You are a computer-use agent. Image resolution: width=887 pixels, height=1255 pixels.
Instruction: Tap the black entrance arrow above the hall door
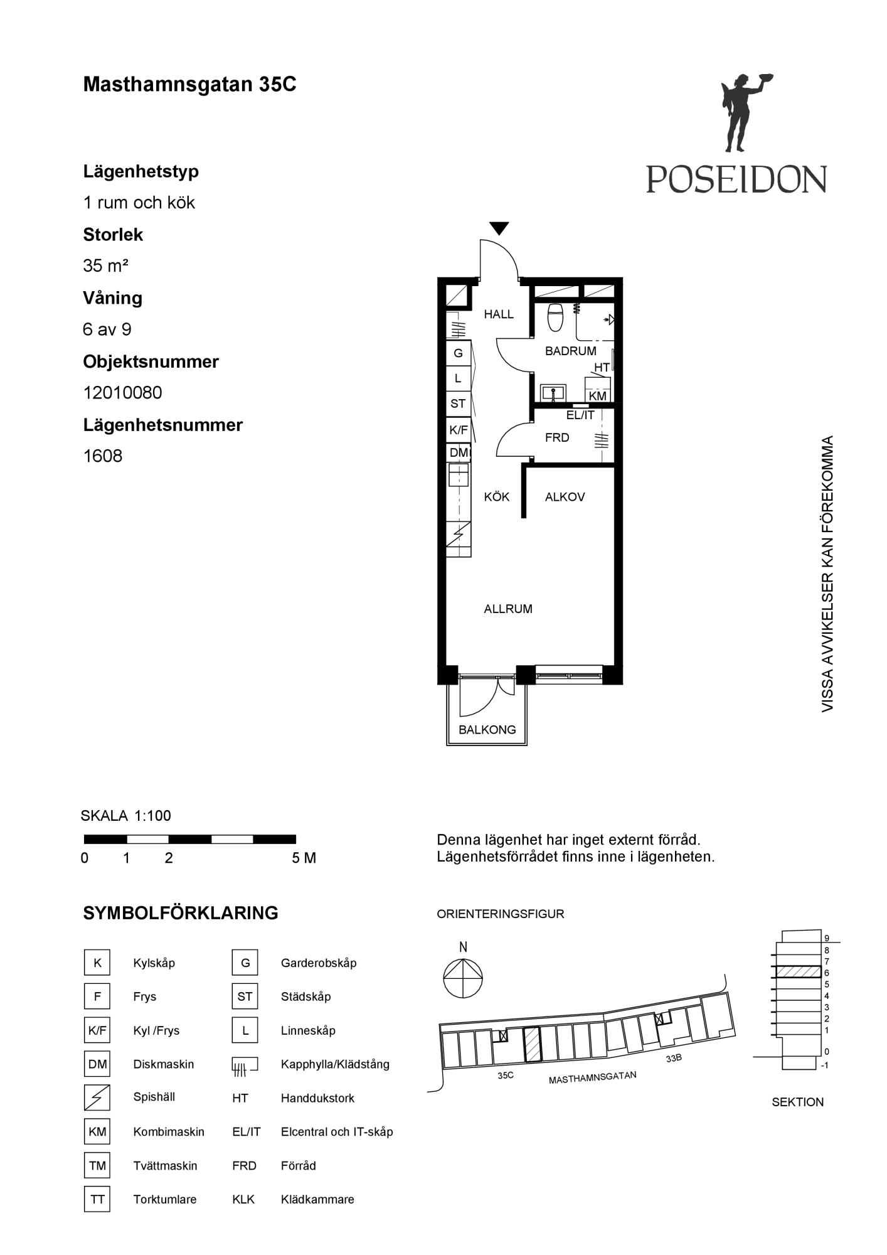(499, 228)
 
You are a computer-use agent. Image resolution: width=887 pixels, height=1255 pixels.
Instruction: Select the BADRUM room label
(570, 351)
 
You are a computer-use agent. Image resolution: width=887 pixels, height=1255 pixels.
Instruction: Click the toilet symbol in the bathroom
(555, 318)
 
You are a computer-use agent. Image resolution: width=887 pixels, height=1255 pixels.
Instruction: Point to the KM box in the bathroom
(597, 396)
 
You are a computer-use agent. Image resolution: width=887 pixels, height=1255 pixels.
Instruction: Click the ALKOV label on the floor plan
(565, 497)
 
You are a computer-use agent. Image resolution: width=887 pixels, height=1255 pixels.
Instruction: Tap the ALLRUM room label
(508, 609)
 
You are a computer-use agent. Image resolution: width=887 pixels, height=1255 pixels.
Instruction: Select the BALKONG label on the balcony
(487, 730)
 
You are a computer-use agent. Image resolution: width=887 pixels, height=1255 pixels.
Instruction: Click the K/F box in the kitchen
(458, 430)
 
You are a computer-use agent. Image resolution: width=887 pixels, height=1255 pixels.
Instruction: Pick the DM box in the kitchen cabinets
(458, 452)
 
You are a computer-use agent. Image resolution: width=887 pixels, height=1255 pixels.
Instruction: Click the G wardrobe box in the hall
(458, 353)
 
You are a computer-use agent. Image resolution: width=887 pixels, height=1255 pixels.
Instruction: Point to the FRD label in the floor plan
(557, 437)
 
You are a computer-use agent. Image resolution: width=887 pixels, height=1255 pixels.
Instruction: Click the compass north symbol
(463, 978)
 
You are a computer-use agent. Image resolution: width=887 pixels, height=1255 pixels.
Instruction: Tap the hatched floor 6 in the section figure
(798, 971)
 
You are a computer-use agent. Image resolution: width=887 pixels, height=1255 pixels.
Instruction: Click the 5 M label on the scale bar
(304, 858)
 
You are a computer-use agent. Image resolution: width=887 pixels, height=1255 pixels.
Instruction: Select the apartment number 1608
(103, 456)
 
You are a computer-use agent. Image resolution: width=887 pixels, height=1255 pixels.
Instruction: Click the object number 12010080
(123, 392)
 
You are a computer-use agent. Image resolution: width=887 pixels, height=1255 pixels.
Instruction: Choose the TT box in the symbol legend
(97, 1199)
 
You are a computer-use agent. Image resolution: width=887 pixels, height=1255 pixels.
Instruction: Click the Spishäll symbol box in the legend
(97, 1097)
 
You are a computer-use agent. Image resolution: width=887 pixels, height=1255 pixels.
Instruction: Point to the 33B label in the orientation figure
(674, 1058)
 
